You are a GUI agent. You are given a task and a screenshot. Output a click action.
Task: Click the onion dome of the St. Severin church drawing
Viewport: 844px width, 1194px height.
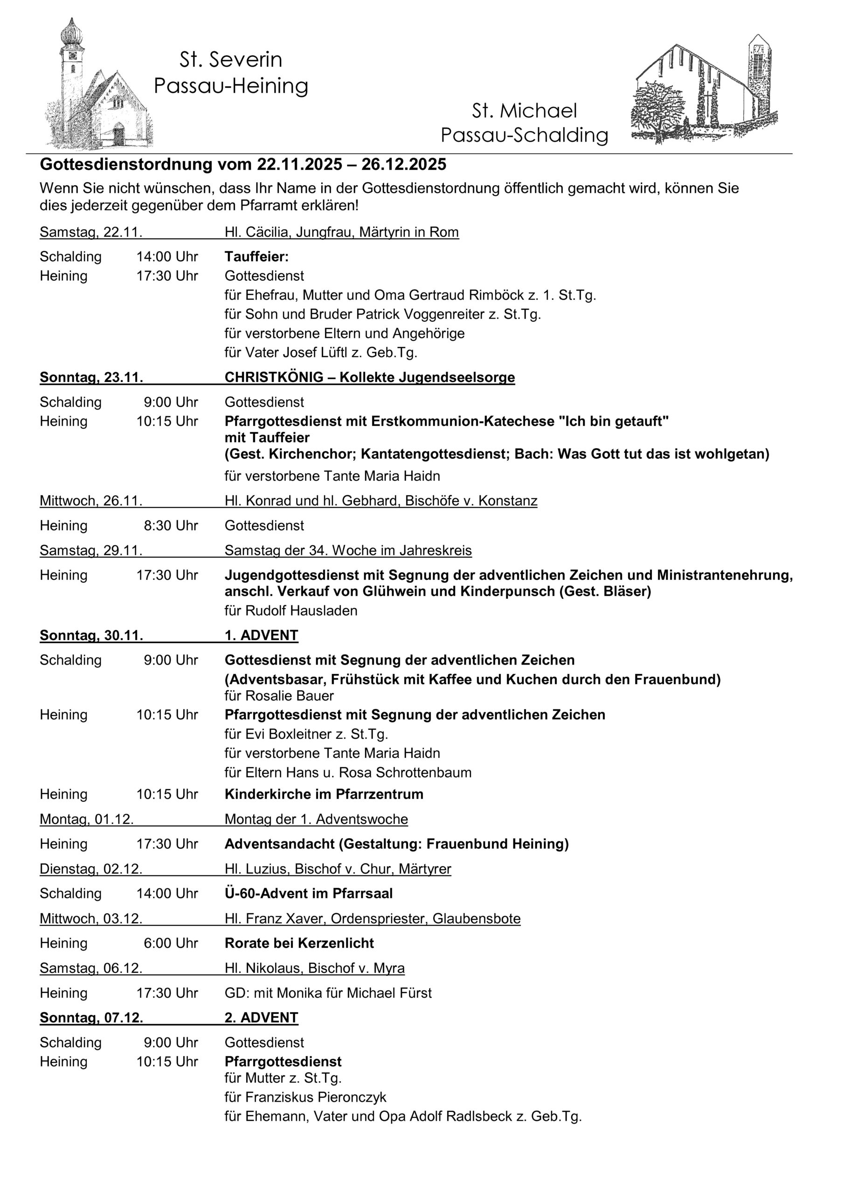coord(71,34)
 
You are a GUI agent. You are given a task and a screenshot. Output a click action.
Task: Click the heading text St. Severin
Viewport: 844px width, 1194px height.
coord(231,60)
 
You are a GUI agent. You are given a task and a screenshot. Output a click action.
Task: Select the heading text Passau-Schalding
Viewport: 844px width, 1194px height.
coord(524,135)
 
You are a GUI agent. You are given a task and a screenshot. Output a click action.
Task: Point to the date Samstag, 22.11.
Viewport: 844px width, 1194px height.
coord(91,232)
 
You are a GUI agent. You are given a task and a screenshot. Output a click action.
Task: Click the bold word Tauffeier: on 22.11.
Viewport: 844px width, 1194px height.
coord(256,257)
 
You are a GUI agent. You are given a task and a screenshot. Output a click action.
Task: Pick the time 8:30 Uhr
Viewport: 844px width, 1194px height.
coord(171,526)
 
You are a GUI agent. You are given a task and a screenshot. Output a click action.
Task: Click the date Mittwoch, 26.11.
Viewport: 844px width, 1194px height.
coord(91,501)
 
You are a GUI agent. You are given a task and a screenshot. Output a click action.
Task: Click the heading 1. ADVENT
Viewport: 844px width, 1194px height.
coord(261,636)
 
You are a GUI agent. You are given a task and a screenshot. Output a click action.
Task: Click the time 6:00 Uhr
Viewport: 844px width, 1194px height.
coord(171,944)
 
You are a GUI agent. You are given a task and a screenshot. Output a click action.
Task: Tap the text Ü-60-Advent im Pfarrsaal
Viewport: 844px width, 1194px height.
coord(308,894)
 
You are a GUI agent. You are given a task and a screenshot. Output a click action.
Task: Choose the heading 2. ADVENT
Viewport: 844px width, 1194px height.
coord(261,1018)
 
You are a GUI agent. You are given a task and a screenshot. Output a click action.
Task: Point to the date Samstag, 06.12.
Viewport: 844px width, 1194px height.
coord(91,968)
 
